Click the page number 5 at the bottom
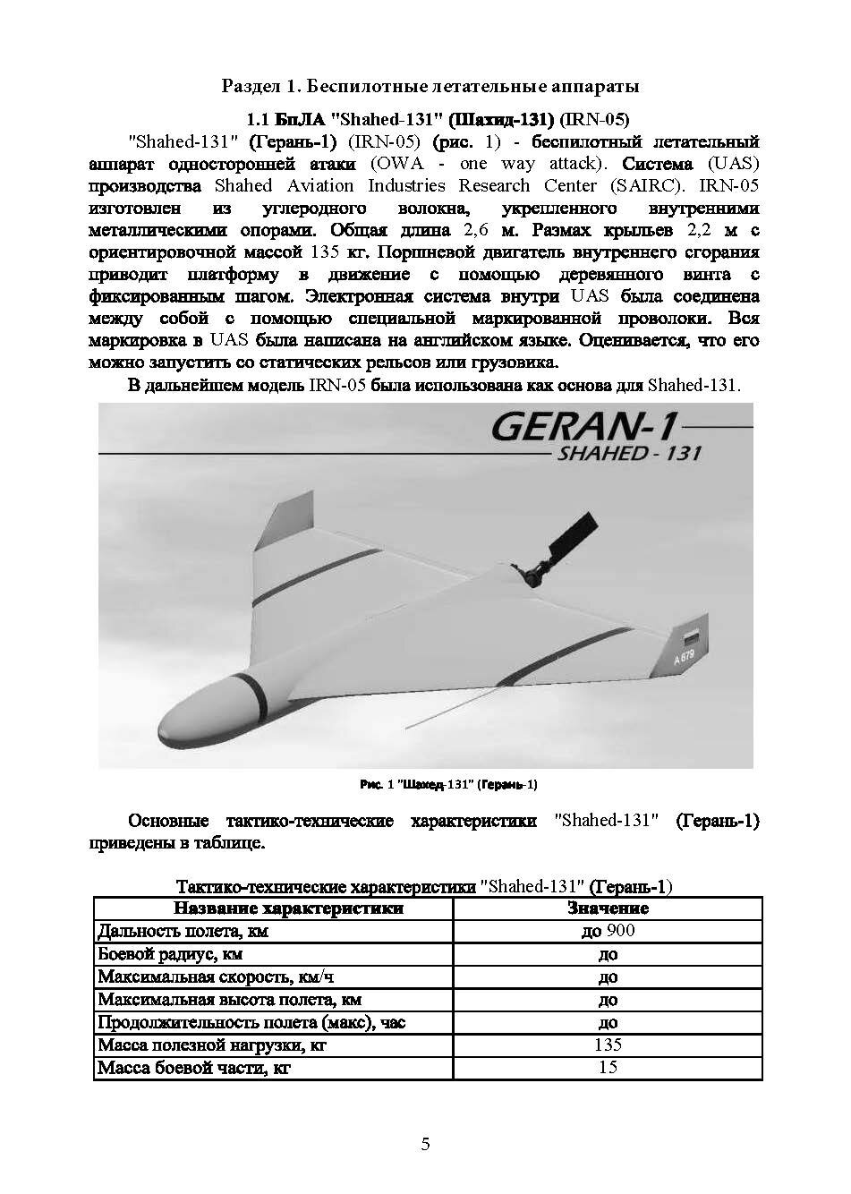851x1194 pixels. pyautogui.click(x=425, y=1144)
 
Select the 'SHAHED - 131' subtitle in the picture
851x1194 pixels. pyautogui.click(x=629, y=453)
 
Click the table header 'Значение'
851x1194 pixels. pyautogui.click(x=608, y=908)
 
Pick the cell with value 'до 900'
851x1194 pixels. pyautogui.click(x=608, y=931)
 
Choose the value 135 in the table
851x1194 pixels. pyautogui.click(x=608, y=1045)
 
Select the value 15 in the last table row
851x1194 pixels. pyautogui.click(x=608, y=1067)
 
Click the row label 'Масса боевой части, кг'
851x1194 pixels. pyautogui.click(x=194, y=1068)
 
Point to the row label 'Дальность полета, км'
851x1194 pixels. pyautogui.click(x=183, y=932)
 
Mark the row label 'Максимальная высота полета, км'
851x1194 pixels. pyautogui.click(x=229, y=1000)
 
